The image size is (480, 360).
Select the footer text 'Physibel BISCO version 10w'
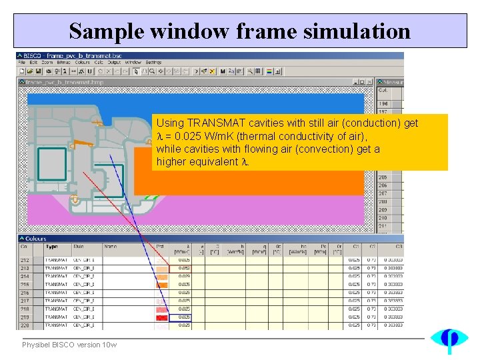pyautogui.click(x=69, y=345)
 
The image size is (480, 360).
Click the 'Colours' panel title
pyautogui.click(x=37, y=238)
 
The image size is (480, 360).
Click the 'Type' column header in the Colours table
pyautogui.click(x=51, y=247)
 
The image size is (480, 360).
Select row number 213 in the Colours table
pyautogui.click(x=25, y=268)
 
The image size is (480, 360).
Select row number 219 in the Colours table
pyautogui.click(x=25, y=317)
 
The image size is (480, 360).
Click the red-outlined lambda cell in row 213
pyautogui.click(x=184, y=268)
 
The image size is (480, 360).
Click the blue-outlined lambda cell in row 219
pyautogui.click(x=184, y=317)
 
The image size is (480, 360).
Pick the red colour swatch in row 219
pyautogui.click(x=162, y=317)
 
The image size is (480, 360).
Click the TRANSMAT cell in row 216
pyautogui.click(x=56, y=293)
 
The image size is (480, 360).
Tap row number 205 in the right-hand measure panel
pyautogui.click(x=383, y=177)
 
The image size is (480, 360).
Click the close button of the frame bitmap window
pyautogui.click(x=369, y=83)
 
